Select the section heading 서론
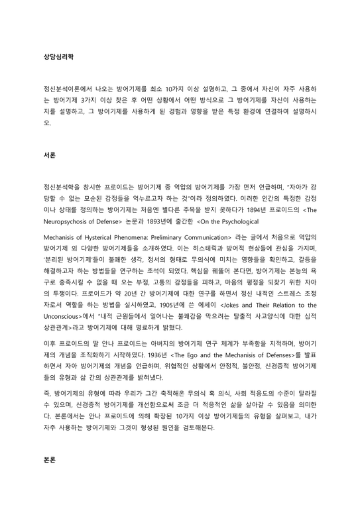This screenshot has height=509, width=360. [48, 154]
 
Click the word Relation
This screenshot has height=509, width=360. [286, 304]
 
